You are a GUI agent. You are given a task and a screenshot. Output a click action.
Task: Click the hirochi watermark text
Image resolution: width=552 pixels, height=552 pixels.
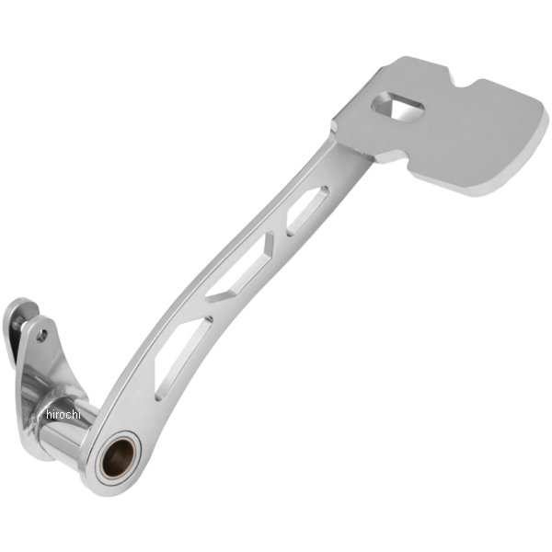(63, 414)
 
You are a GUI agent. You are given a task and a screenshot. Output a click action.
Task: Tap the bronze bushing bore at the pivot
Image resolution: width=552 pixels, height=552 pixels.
(119, 458)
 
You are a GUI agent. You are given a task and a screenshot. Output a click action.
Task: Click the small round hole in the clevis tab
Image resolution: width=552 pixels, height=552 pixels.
(42, 336)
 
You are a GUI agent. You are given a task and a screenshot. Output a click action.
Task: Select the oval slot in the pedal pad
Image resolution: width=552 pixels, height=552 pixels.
(397, 106)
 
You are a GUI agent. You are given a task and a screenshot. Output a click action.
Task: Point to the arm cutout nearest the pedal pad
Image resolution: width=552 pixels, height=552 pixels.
(307, 211)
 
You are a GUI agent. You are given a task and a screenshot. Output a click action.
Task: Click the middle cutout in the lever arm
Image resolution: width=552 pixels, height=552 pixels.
(240, 269)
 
